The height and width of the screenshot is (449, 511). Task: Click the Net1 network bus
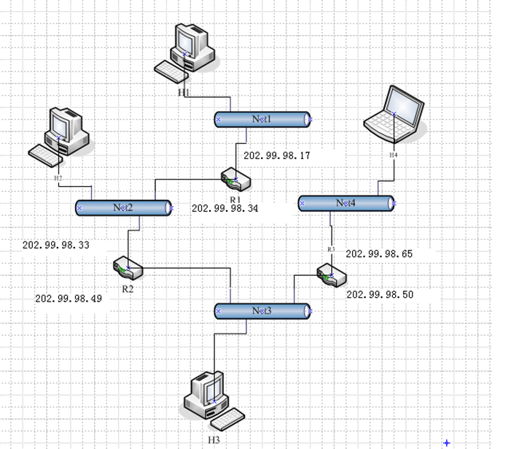click(262, 119)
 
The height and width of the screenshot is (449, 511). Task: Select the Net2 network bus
click(124, 207)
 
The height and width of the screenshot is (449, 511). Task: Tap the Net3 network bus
click(262, 311)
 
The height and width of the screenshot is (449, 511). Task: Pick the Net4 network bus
click(346, 203)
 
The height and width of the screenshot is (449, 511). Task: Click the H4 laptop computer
click(394, 114)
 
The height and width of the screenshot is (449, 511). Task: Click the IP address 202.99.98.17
click(277, 156)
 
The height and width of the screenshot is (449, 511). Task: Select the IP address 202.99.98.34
click(225, 208)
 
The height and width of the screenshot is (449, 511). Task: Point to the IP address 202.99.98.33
click(56, 246)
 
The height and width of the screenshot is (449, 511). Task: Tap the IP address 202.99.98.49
click(69, 299)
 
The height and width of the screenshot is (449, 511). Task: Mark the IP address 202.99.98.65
click(379, 254)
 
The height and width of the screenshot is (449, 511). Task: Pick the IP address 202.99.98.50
click(380, 295)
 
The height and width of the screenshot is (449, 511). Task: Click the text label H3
click(214, 440)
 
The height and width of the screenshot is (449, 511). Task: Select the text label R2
click(128, 289)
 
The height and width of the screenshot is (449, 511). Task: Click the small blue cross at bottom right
click(446, 442)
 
